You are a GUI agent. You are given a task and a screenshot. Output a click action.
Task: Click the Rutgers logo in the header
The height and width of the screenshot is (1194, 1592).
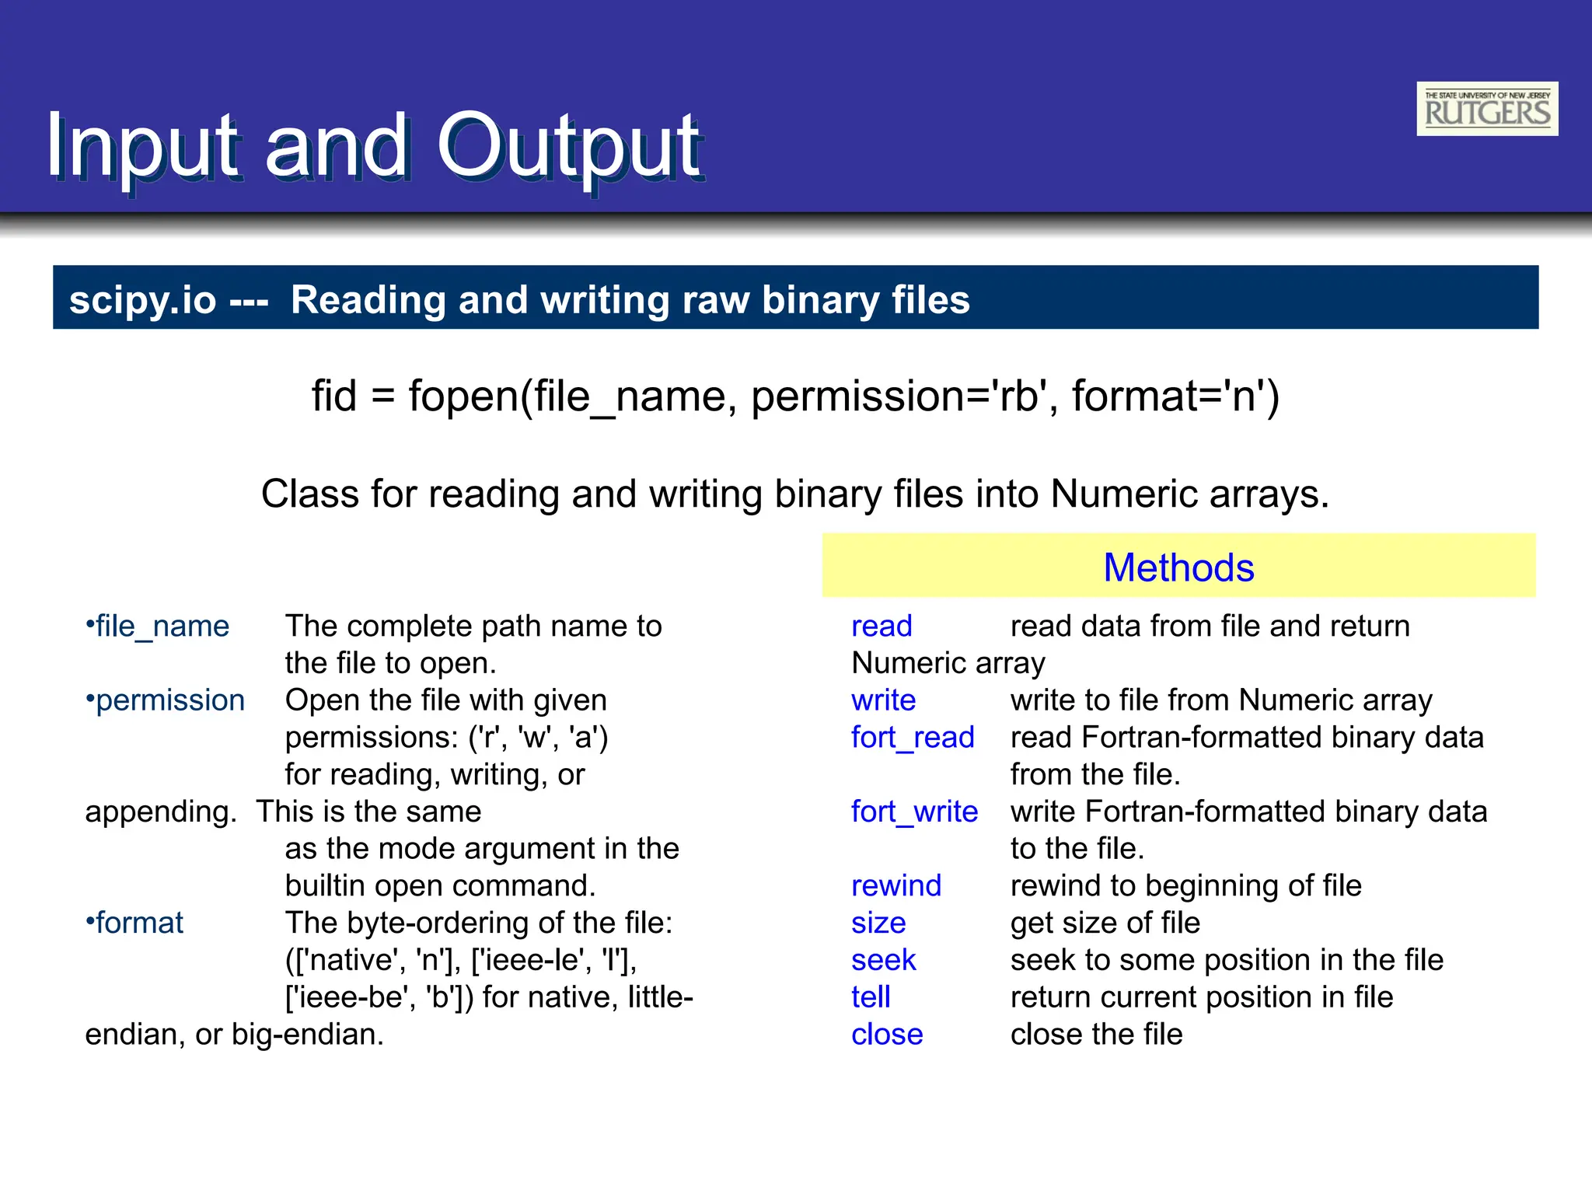point(1486,109)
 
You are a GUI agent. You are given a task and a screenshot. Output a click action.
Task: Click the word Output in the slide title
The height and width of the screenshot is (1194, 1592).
point(568,146)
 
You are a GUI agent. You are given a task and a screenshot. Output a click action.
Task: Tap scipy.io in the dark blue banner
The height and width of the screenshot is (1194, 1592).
point(142,300)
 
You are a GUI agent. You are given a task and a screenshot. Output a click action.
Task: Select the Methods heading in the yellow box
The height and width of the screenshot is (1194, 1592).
point(1178,567)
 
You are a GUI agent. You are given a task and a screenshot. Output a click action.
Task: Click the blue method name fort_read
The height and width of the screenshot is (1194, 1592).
point(912,737)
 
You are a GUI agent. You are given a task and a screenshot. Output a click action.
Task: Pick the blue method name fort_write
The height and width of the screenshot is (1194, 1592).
point(913,812)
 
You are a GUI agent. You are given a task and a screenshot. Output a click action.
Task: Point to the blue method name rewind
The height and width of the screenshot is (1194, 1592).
point(895,885)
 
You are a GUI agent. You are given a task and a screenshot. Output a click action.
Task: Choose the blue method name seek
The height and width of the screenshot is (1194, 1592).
point(883,960)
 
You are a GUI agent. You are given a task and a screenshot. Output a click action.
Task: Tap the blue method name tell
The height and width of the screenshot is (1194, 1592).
point(870,997)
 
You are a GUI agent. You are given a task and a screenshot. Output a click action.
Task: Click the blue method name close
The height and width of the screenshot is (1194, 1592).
point(886,1035)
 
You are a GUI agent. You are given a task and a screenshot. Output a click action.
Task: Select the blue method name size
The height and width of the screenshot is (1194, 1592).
point(878,923)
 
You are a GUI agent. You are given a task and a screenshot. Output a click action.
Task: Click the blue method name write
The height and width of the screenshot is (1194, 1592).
point(882,700)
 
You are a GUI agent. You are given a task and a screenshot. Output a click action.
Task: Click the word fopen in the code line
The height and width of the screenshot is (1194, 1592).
point(463,396)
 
